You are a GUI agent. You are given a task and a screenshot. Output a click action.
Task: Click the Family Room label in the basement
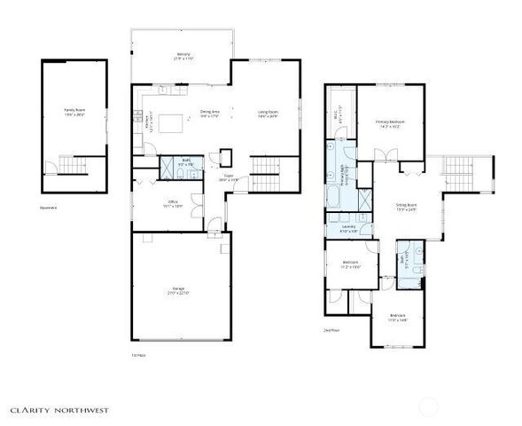pyautogui.click(x=74, y=111)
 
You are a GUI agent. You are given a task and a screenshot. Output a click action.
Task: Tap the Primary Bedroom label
pyautogui.click(x=390, y=122)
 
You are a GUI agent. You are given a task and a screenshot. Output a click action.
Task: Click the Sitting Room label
pyautogui.click(x=406, y=206)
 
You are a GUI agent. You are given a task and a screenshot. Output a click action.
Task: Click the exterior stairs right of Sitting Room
pyautogui.click(x=459, y=170)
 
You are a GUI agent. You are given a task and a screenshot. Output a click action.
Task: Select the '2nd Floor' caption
pyautogui.click(x=333, y=328)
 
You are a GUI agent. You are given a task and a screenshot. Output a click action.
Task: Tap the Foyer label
pyautogui.click(x=228, y=177)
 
